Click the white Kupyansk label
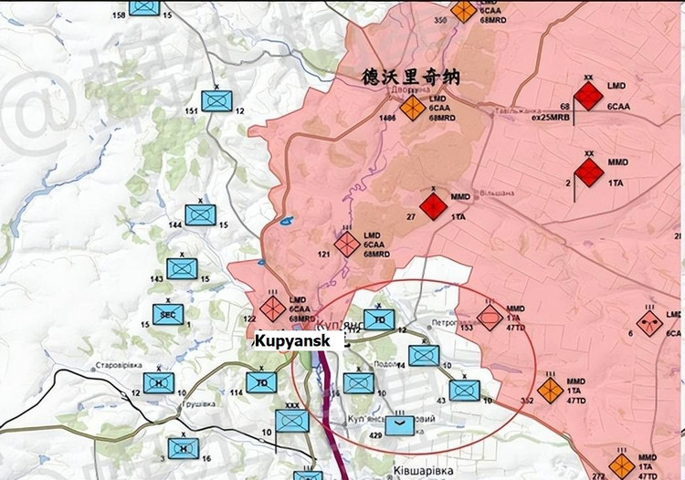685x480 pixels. pyautogui.click(x=299, y=339)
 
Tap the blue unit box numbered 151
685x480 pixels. pyautogui.click(x=217, y=99)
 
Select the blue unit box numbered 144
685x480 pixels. pyautogui.click(x=200, y=215)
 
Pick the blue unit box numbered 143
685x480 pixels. pyautogui.click(x=181, y=268)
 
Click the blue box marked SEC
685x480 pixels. pyautogui.click(x=166, y=314)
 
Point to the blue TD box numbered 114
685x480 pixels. pyautogui.click(x=261, y=381)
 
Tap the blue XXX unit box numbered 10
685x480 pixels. pyautogui.click(x=293, y=421)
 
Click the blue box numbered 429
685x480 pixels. pyautogui.click(x=400, y=424)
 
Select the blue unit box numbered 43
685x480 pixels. pyautogui.click(x=464, y=391)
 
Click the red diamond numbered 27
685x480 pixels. pyautogui.click(x=434, y=206)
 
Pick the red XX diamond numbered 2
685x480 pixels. pyautogui.click(x=589, y=172)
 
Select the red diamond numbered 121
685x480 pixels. pyautogui.click(x=347, y=244)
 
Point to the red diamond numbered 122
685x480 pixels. pyautogui.click(x=272, y=308)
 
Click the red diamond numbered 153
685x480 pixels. pyautogui.click(x=490, y=317)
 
